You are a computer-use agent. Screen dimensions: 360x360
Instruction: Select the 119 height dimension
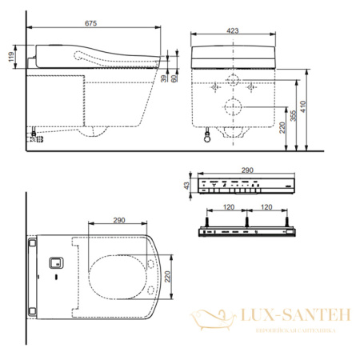click(9, 58)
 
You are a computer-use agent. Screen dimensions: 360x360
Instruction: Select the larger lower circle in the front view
click(234, 108)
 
